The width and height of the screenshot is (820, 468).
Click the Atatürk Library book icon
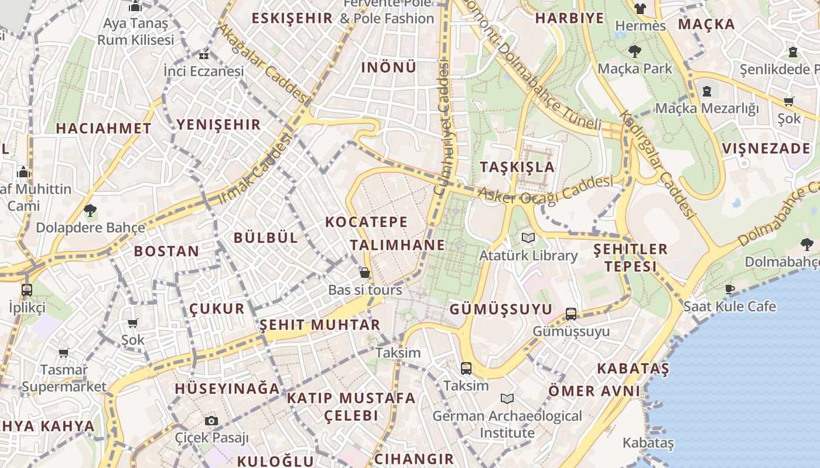[528, 238]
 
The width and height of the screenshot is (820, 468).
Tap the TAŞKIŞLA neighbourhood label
[517, 167]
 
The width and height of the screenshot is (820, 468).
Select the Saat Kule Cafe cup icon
[729, 289]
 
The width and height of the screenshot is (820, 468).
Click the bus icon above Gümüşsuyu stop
[571, 314]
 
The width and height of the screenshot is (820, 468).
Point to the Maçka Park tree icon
[634, 51]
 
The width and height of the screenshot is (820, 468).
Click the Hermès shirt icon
[640, 8]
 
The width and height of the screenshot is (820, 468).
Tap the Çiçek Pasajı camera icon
[211, 421]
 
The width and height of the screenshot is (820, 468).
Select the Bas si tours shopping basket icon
[365, 273]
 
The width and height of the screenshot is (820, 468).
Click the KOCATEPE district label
[366, 222]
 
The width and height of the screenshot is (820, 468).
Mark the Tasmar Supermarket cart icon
[63, 353]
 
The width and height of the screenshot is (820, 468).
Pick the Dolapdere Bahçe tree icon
[90, 210]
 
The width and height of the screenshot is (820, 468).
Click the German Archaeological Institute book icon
[507, 398]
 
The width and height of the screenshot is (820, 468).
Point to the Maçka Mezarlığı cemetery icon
[707, 91]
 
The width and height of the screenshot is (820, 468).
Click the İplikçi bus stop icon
[26, 290]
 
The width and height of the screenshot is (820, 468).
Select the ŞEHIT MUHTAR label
[320, 325]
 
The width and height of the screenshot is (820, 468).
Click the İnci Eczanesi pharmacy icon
[203, 56]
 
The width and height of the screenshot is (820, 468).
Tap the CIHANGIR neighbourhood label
[414, 459]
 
